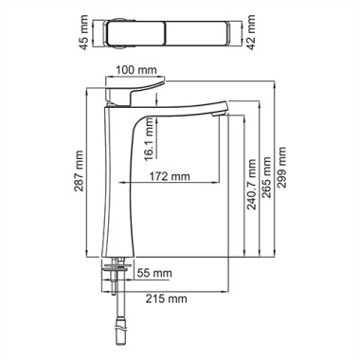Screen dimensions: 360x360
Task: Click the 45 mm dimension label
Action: pos(83,33)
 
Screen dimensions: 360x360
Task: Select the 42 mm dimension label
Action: pos(251,32)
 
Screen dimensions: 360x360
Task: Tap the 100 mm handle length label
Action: pos(135,70)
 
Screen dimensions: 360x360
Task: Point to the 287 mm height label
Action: pos(79,171)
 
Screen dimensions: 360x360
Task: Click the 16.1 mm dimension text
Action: pos(149,139)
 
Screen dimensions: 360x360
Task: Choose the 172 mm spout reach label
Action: pos(170,176)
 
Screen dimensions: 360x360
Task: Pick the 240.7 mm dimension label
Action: pos(252,185)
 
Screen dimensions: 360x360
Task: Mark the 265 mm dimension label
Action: pos(266,177)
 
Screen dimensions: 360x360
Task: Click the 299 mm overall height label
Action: pos(281,168)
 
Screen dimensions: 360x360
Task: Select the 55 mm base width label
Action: pos(154,273)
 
